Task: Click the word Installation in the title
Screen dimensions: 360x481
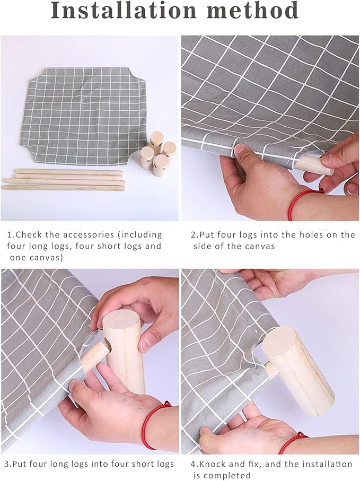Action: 124,11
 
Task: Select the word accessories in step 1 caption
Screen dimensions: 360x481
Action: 89,235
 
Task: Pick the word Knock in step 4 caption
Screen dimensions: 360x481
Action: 214,464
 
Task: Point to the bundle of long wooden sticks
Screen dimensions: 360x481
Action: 64,180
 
